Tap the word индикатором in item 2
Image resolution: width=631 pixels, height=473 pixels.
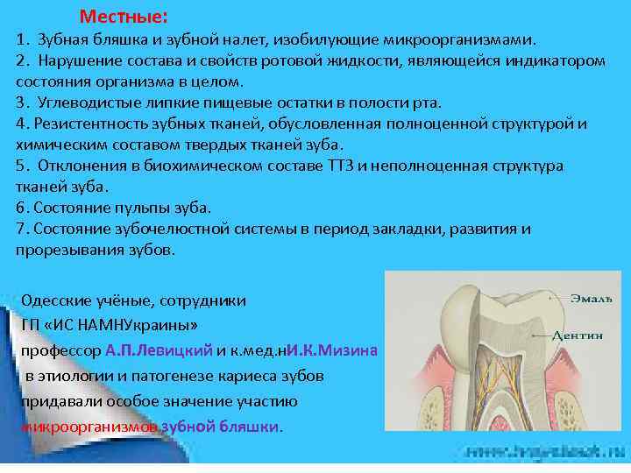[x=558, y=61]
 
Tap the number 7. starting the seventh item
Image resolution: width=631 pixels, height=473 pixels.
[x=22, y=229]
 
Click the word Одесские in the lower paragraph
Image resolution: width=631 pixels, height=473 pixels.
[x=53, y=300]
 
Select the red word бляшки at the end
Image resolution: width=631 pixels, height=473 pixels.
[x=255, y=427]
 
